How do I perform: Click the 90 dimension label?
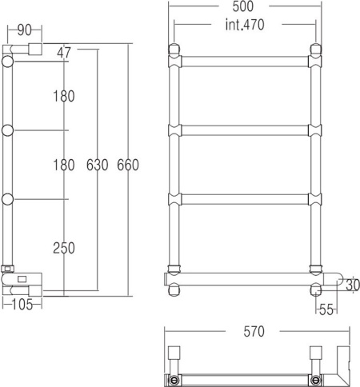coord(24,30)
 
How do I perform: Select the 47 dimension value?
coord(64,53)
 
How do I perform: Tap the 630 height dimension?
coord(98,166)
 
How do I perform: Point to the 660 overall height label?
coord(128,166)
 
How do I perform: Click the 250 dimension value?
coord(64,248)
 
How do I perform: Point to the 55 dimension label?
coord(326,308)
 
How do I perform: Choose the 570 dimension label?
coord(254,331)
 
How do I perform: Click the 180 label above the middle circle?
coord(64,97)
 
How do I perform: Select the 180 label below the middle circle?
coord(64,166)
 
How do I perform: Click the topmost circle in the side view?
coord(9,62)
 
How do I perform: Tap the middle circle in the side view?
coord(9,130)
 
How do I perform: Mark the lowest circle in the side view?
coord(9,198)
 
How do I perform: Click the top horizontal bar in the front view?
coord(243,61)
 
